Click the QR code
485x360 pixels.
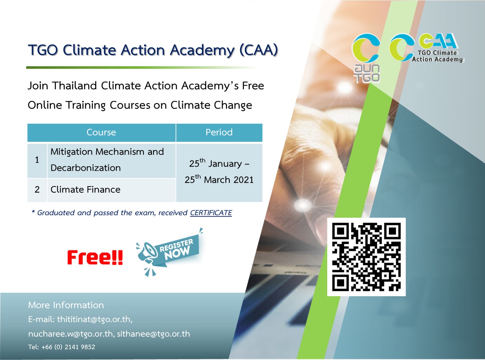point(366,257)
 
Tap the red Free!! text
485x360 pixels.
point(95,257)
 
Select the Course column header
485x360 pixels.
point(101,132)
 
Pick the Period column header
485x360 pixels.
point(219,132)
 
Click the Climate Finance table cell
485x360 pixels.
point(86,190)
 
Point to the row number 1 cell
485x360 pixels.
point(37,160)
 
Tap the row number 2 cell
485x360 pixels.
point(37,190)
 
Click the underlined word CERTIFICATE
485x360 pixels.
point(211,213)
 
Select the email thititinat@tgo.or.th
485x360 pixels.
point(94,319)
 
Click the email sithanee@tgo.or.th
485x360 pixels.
point(153,334)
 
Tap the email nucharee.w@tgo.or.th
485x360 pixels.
point(71,334)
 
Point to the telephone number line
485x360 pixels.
point(62,347)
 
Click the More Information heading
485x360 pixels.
point(66,305)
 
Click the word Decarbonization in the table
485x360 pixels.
point(86,168)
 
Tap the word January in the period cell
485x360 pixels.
point(225,164)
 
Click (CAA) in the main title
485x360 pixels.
point(258,50)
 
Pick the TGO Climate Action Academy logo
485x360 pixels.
point(426,48)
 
